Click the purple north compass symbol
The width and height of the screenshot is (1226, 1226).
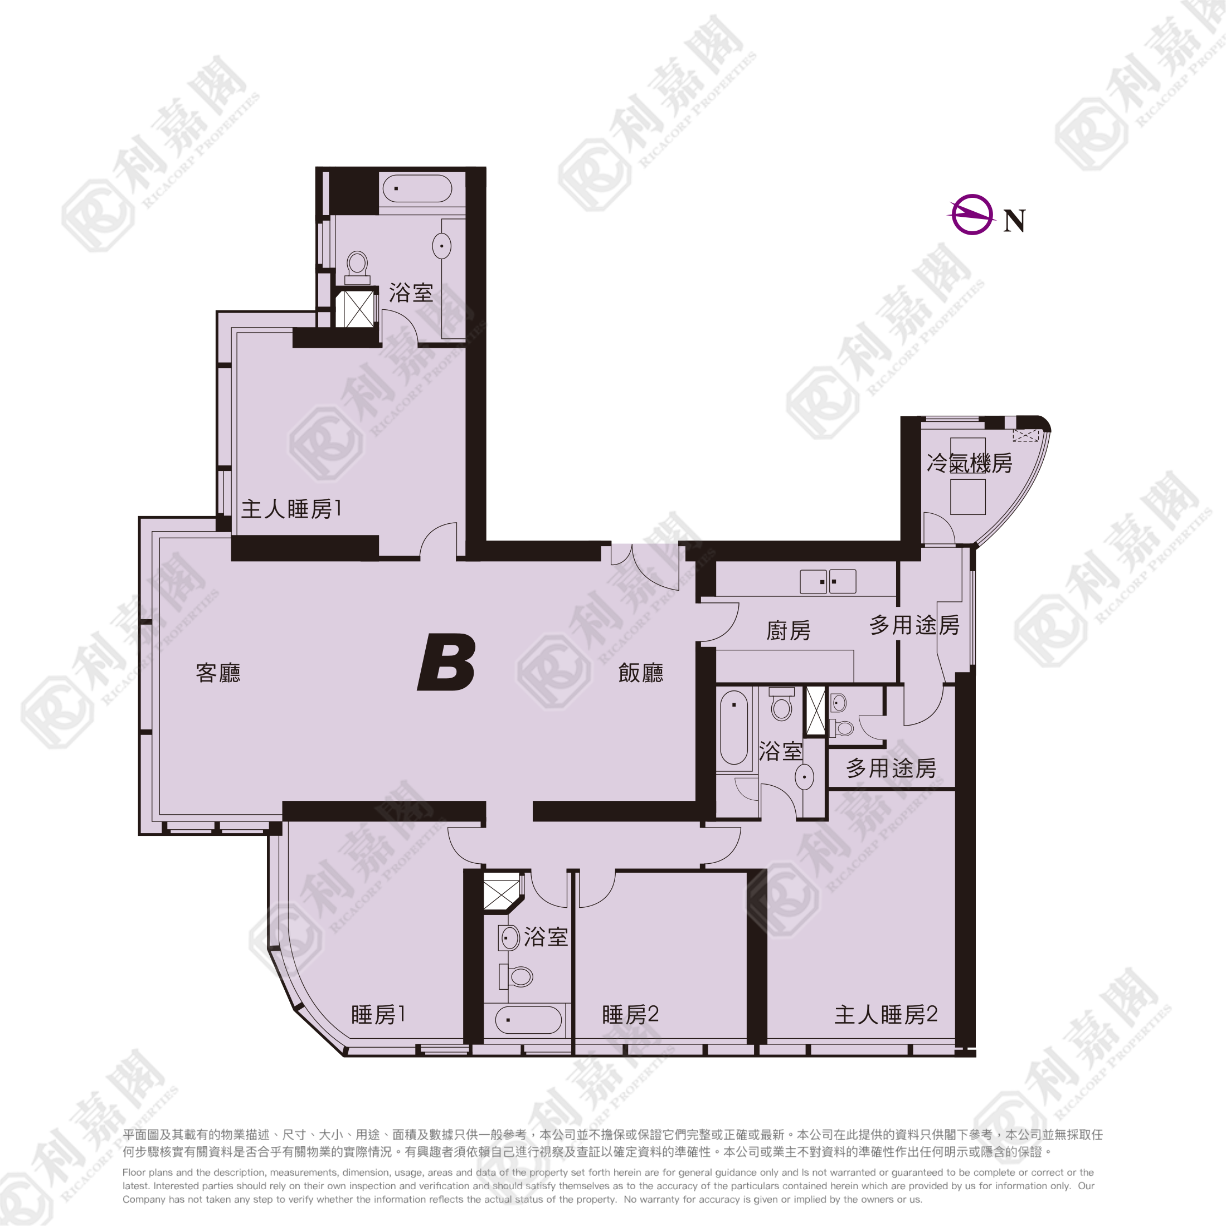tap(971, 215)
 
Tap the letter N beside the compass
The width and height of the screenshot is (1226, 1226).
tap(1014, 221)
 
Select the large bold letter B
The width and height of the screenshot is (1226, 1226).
tap(447, 662)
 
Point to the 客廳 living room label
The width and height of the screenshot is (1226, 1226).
tap(218, 673)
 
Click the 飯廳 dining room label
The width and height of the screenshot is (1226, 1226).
tap(641, 673)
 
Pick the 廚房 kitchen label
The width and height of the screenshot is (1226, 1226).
tap(789, 630)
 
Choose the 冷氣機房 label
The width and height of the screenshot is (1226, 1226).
tap(969, 463)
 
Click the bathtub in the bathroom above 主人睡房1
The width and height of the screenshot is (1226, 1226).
tap(417, 188)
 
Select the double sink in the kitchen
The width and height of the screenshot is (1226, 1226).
tap(828, 581)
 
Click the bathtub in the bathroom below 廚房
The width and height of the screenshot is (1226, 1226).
tap(734, 727)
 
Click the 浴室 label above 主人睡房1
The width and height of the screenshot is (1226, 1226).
tap(411, 293)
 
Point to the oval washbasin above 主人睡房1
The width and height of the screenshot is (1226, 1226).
tap(442, 246)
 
